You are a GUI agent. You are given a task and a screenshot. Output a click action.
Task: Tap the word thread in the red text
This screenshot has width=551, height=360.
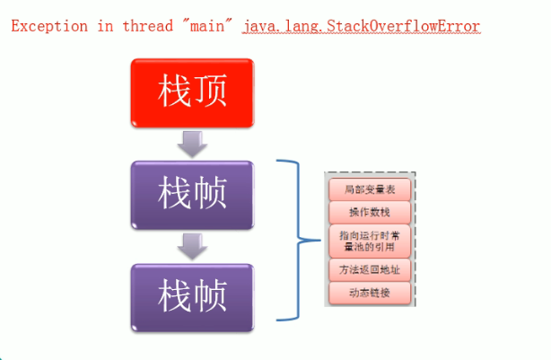click(139, 26)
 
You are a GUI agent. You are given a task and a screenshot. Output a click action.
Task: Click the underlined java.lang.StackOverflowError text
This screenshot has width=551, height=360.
click(361, 26)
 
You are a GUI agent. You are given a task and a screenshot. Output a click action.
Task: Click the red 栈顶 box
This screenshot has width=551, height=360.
click(192, 92)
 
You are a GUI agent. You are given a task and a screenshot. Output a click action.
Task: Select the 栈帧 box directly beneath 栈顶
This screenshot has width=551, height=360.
click(192, 193)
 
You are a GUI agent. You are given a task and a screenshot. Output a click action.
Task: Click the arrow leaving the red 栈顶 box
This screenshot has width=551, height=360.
click(191, 142)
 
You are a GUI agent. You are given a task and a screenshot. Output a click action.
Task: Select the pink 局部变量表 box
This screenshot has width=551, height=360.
click(369, 189)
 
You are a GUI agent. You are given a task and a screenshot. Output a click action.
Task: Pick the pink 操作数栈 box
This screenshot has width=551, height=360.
click(369, 212)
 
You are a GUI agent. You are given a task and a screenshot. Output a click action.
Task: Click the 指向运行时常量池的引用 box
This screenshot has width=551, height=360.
click(369, 240)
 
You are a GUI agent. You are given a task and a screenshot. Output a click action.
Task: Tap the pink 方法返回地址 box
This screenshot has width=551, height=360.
click(369, 269)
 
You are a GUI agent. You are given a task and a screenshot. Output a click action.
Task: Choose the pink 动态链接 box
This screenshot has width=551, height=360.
click(369, 293)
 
